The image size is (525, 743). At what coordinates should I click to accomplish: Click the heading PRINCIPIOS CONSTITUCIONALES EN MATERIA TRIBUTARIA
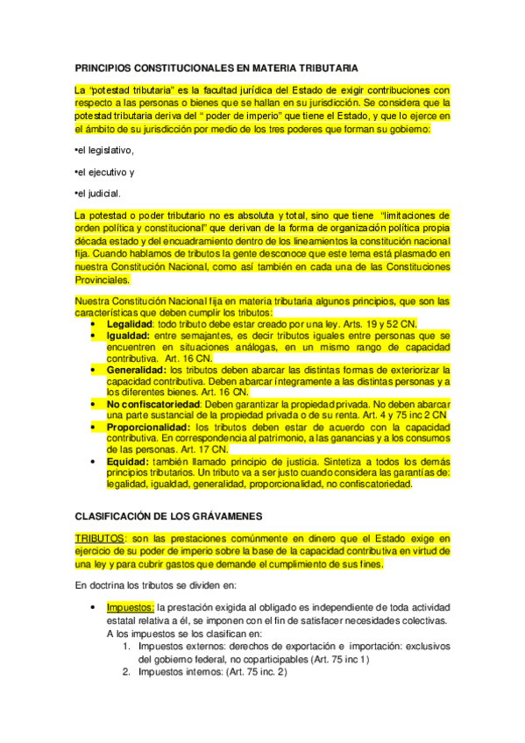pyautogui.click(x=216, y=67)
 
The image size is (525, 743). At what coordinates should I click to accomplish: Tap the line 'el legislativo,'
pyautogui.click(x=108, y=150)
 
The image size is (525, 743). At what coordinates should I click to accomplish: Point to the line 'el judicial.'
pyautogui.click(x=98, y=193)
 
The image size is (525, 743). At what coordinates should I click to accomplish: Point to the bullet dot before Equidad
pyautogui.click(x=95, y=460)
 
